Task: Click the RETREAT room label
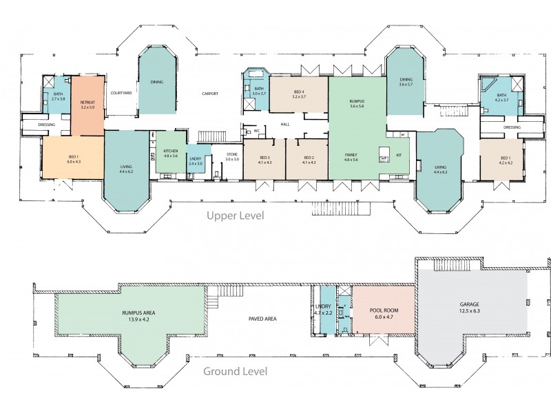[87, 102]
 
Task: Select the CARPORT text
[210, 93]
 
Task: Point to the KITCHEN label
[170, 151]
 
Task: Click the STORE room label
[232, 154]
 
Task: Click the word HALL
[284, 124]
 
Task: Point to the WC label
[256, 129]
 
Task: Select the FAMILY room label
[351, 154]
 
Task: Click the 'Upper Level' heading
[236, 215]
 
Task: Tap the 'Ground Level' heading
[235, 372]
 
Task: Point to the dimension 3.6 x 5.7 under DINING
[406, 85]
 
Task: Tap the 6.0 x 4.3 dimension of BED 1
[74, 162]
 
